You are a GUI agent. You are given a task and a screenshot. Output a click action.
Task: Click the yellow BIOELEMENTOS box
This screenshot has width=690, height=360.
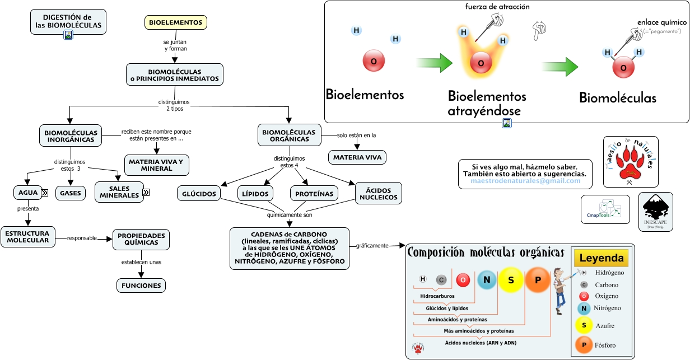pyautogui.click(x=176, y=22)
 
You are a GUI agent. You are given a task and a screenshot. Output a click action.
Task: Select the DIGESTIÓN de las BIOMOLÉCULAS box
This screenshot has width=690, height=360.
pyautogui.click(x=68, y=21)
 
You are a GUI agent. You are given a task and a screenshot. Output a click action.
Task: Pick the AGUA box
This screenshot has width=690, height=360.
pyautogui.click(x=28, y=193)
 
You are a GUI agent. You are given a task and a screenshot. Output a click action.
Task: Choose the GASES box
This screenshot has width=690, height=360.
pyautogui.click(x=71, y=194)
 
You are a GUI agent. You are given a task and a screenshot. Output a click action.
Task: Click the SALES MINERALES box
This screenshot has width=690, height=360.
pyautogui.click(x=119, y=192)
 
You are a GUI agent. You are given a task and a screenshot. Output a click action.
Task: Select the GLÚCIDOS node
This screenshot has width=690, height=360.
pyautogui.click(x=199, y=194)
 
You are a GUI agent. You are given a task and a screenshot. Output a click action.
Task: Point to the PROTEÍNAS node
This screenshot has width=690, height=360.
pyautogui.click(x=315, y=194)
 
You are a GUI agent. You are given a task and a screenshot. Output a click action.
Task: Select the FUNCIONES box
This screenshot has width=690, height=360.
pyautogui.click(x=141, y=286)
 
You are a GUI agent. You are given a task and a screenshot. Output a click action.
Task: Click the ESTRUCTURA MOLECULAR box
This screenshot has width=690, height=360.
pyautogui.click(x=28, y=237)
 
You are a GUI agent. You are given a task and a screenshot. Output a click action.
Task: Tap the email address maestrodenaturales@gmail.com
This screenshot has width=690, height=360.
pyautogui.click(x=525, y=181)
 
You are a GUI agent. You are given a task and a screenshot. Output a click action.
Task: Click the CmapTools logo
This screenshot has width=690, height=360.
pyautogui.click(x=605, y=209)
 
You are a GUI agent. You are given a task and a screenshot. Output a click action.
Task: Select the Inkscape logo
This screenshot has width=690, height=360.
pyautogui.click(x=655, y=212)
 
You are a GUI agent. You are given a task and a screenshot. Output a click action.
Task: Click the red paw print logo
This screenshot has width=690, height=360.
pyautogui.click(x=631, y=162)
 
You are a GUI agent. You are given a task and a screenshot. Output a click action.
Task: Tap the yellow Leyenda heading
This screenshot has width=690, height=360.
pyautogui.click(x=601, y=258)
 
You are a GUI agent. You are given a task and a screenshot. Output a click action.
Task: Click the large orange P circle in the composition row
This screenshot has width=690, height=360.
pyautogui.click(x=538, y=280)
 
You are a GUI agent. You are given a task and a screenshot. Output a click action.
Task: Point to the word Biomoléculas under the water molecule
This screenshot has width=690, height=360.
pyautogui.click(x=617, y=98)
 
